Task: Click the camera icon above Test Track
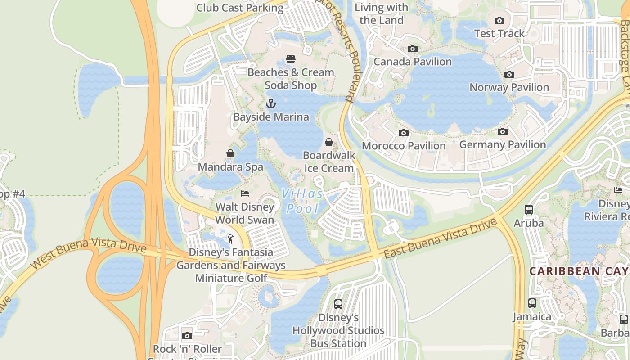pos(499,20)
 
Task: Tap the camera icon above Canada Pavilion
pos(412,49)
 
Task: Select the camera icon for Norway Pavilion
pos(509,74)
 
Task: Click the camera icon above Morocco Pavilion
pos(404,133)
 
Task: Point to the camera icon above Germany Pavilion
pos(502,131)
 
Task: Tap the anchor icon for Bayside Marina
pos(270,104)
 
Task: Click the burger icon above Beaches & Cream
pos(290,59)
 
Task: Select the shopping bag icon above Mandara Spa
pos(230,154)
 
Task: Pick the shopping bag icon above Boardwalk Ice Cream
pos(329,142)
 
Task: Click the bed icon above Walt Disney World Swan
pos(244,193)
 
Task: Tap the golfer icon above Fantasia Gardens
pos(230,239)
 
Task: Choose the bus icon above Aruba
pos(528,210)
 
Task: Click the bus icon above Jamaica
pos(532,303)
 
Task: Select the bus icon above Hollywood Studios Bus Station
pos(338,304)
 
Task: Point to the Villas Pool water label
pos(302,201)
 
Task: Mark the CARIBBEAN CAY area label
pos(579,271)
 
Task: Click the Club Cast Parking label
pos(240,8)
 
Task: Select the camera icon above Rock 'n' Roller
pos(187,336)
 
